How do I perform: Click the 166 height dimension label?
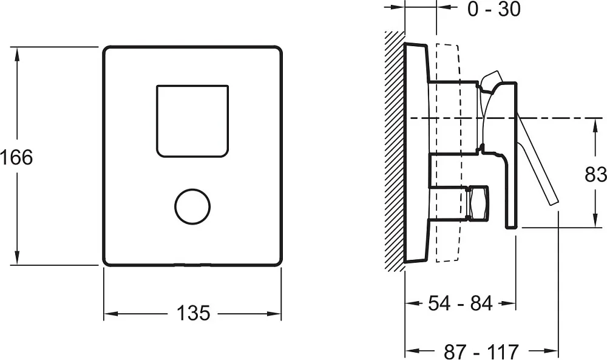click(16, 158)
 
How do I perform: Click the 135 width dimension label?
click(193, 313)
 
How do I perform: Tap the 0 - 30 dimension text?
click(494, 8)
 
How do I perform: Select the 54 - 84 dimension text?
click(460, 303)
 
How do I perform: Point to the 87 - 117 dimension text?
click(481, 352)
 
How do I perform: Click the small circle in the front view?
click(192, 206)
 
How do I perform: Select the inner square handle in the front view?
click(192, 121)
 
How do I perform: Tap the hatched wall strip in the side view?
click(395, 151)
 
